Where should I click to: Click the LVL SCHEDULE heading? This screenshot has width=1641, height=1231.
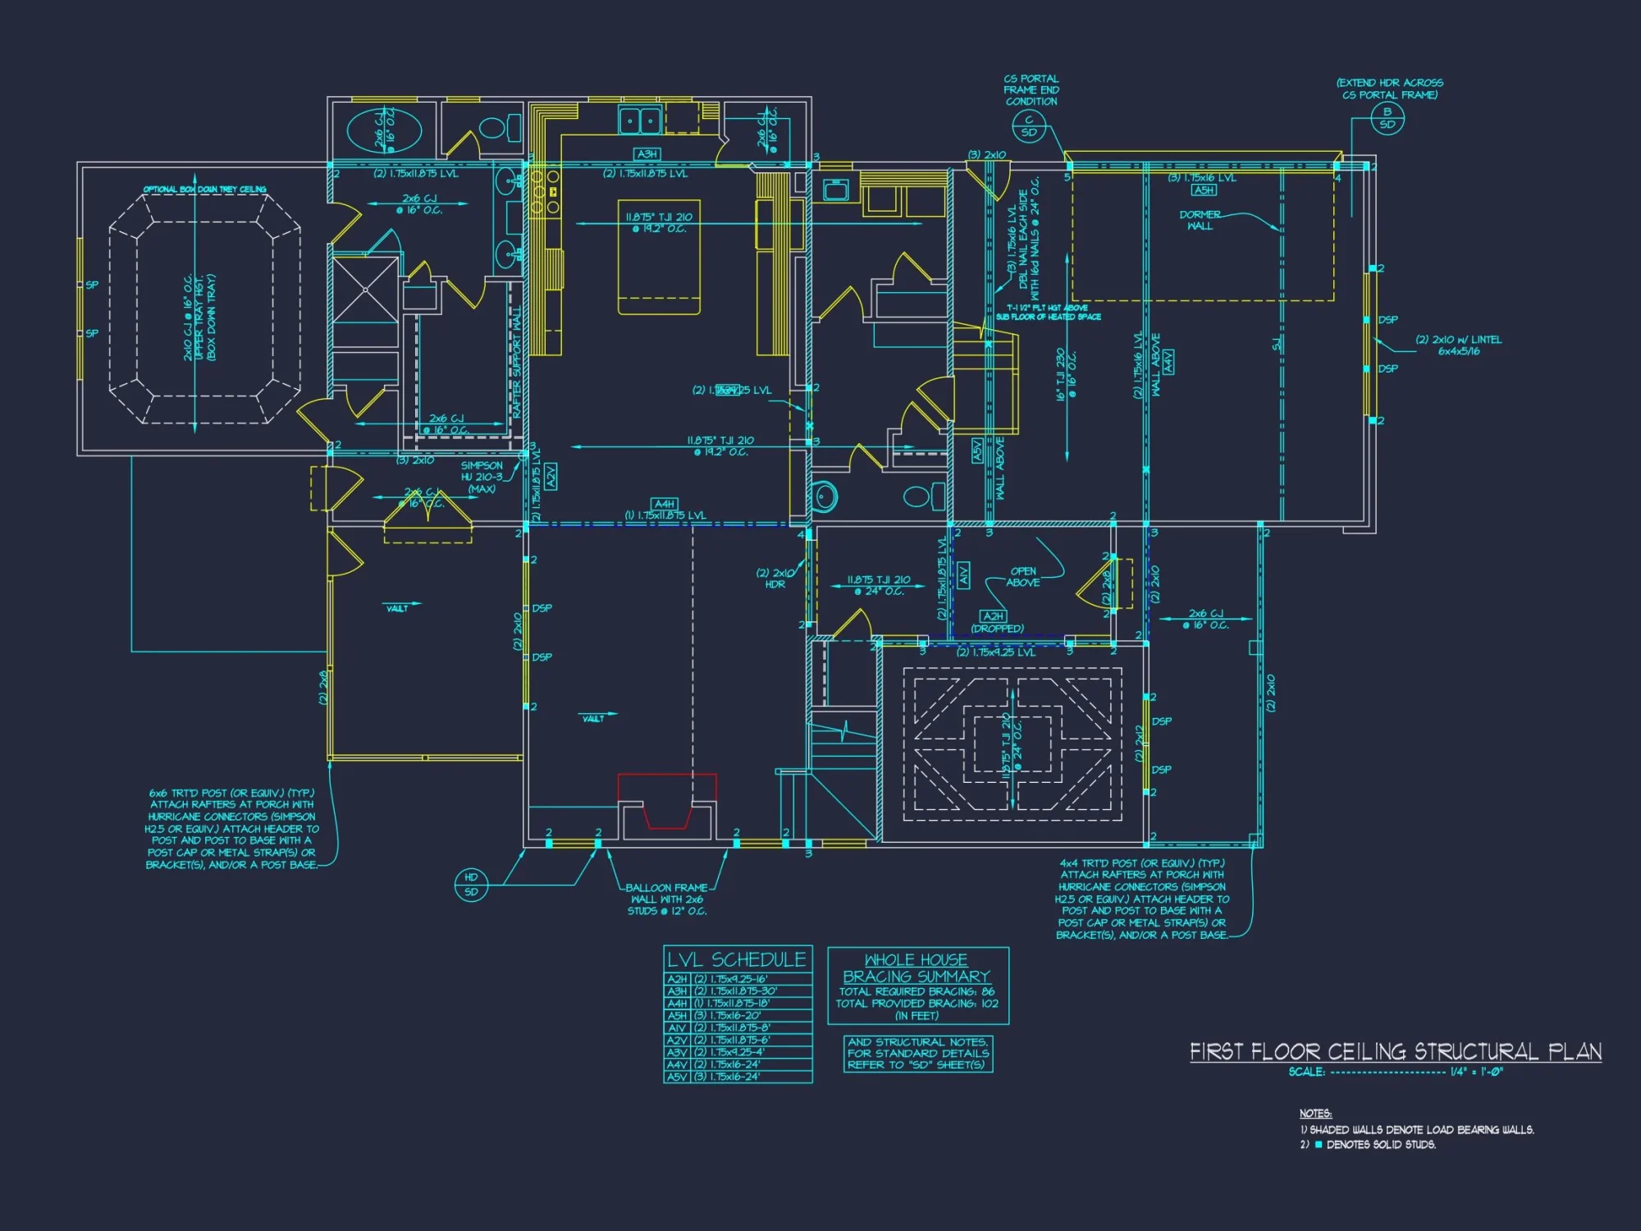point(736,959)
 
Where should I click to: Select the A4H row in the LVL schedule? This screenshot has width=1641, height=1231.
point(736,1003)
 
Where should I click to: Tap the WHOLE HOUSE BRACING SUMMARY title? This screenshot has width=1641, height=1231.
point(916,968)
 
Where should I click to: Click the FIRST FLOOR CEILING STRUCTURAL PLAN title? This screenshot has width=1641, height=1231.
point(1395,1051)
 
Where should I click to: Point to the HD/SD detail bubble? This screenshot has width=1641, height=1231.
point(471,885)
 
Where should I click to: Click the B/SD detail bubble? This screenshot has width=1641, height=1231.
point(1387,118)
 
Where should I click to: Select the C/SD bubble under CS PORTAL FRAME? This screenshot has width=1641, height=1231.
point(1029,126)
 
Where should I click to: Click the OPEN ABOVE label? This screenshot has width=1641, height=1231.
point(1022,576)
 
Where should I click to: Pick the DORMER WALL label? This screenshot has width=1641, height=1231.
point(1200,220)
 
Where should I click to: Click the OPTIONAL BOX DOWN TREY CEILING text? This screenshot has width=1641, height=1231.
point(204,190)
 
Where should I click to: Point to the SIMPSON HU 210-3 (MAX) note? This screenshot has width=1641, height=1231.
point(482,477)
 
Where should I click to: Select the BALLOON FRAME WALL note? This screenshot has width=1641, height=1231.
point(667,899)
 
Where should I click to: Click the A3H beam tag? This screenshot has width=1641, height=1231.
point(647,154)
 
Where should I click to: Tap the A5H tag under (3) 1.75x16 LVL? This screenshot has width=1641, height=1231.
point(1204,190)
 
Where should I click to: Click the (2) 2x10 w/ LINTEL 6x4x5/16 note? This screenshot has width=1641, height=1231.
point(1458,345)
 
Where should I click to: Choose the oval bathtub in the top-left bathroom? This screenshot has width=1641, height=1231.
point(384,131)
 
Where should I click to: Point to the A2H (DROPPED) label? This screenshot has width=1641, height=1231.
point(996,622)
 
